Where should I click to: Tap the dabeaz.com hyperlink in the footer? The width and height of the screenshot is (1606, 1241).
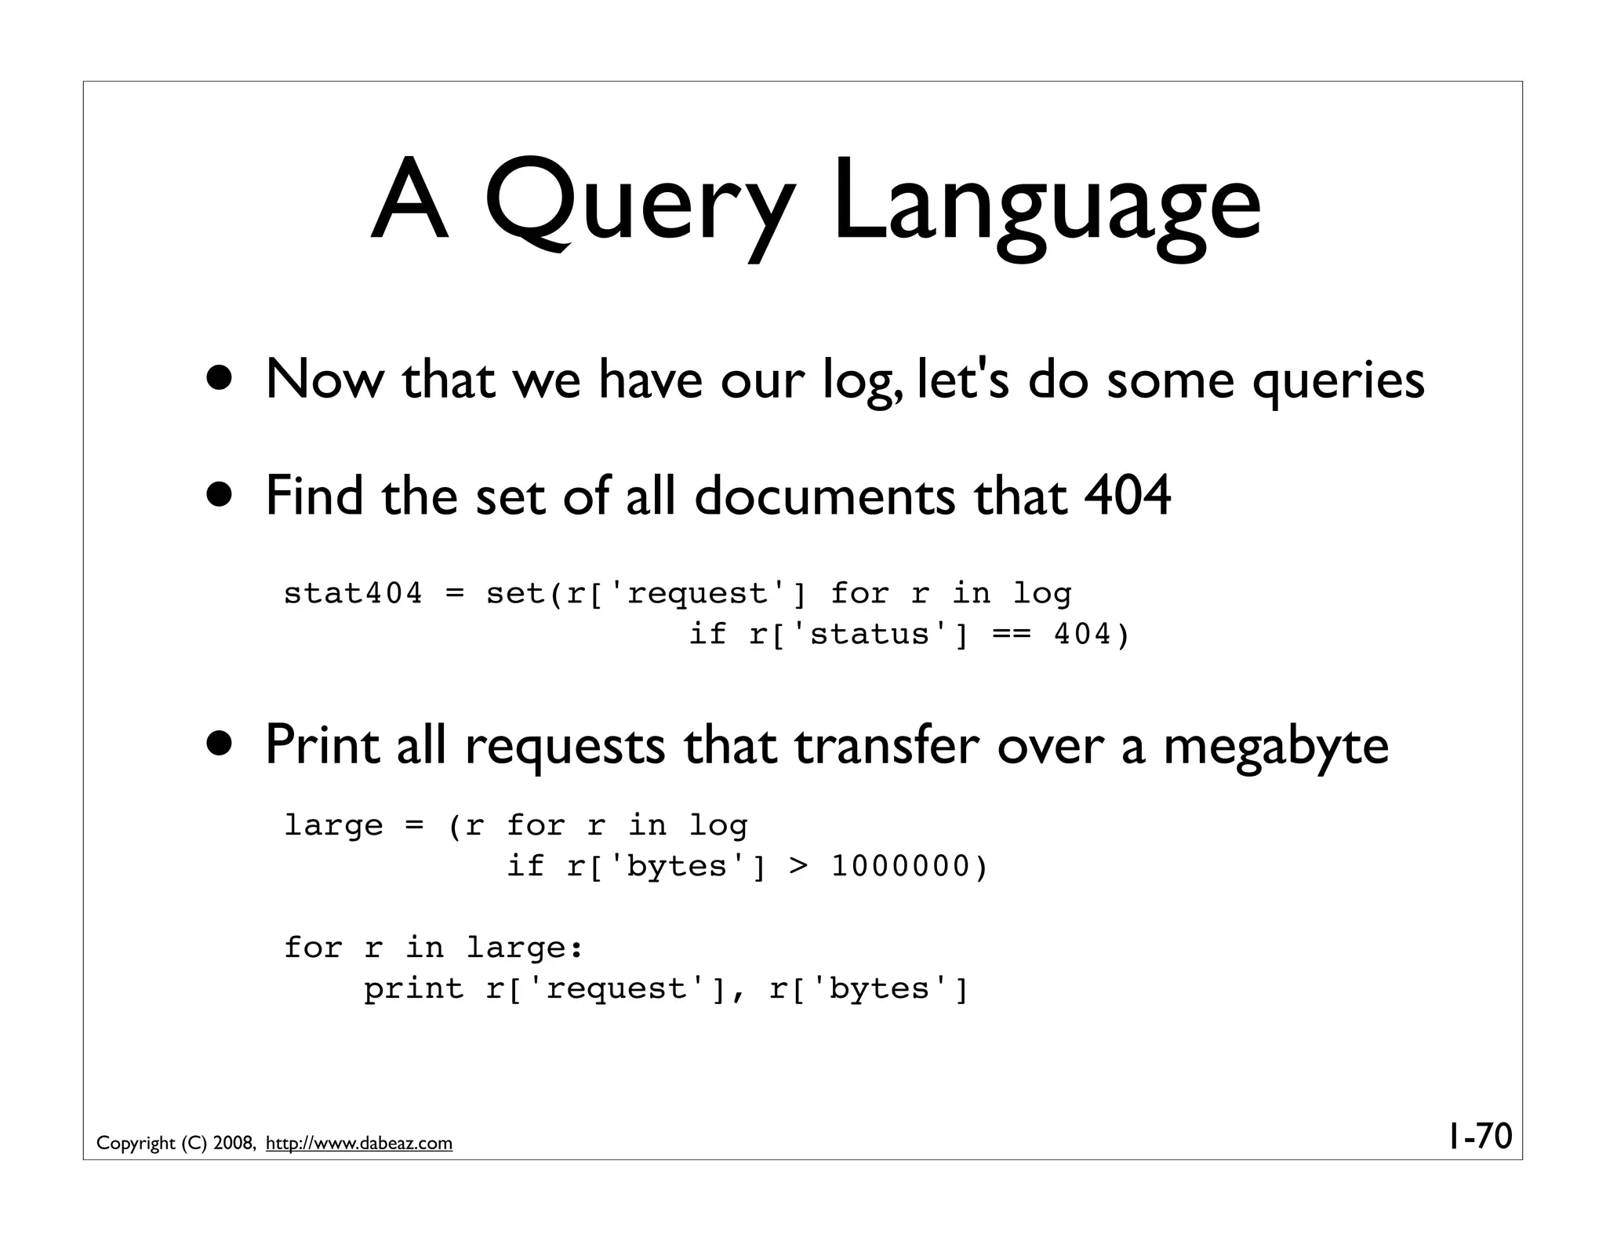click(x=359, y=1144)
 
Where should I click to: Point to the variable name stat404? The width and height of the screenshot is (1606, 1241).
click(x=352, y=594)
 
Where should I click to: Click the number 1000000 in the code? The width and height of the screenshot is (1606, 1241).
click(x=900, y=867)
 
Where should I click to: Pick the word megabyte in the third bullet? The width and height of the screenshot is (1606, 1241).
click(x=1276, y=746)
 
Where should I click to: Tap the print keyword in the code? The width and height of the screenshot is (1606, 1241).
click(x=413, y=989)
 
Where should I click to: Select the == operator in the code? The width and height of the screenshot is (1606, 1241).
click(x=1012, y=635)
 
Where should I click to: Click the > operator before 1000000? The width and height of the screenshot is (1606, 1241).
click(x=798, y=867)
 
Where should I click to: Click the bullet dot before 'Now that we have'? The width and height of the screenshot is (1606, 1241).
click(x=220, y=377)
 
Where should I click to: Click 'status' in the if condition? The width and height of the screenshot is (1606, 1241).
click(x=870, y=635)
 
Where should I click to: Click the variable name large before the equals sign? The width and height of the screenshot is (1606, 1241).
click(x=333, y=826)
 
